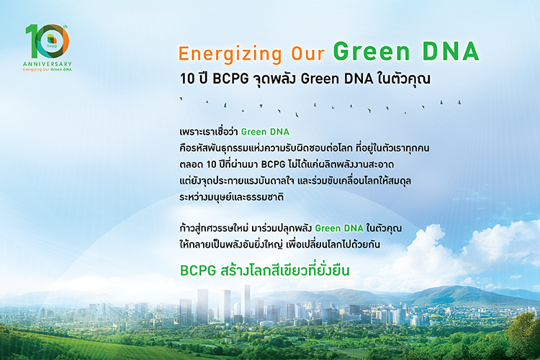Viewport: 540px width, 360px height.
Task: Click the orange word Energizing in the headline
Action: click(230, 54)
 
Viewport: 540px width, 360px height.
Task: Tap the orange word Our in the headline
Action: click(308, 53)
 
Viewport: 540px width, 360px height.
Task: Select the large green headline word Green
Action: click(372, 51)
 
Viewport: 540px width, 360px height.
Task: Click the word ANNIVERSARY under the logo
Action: click(48, 64)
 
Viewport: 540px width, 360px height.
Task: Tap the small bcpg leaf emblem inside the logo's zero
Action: click(52, 40)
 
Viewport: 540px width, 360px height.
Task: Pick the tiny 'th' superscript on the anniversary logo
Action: click(66, 27)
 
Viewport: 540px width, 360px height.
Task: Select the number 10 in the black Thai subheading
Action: click(187, 79)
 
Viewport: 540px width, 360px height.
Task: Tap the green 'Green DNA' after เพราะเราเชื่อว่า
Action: click(265, 132)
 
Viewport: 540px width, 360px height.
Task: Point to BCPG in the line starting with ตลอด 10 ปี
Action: click(273, 164)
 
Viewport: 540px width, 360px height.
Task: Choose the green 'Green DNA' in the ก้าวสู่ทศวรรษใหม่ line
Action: click(339, 228)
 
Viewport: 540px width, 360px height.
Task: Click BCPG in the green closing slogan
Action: click(198, 271)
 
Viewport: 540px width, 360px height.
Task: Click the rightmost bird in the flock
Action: click(459, 102)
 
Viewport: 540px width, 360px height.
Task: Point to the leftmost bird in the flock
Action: click(181, 99)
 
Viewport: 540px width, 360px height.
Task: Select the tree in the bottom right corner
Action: click(522, 336)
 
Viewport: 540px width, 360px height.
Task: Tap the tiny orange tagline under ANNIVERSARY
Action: click(48, 70)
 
